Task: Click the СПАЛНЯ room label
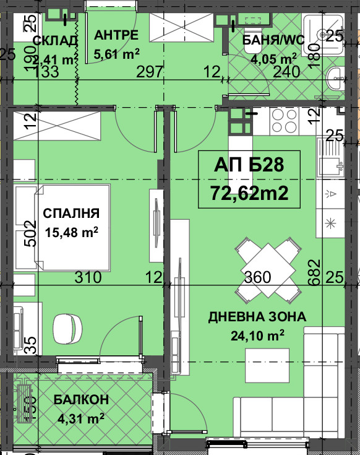71,214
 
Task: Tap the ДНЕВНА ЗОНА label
257,316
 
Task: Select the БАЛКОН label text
81,399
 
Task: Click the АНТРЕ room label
116,35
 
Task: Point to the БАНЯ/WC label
273,40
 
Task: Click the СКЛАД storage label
55,41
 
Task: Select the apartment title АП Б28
249,165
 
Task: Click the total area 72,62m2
249,193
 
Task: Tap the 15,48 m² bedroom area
72,232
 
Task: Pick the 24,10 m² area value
257,336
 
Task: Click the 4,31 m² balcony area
81,418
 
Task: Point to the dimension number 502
30,233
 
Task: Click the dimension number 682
314,272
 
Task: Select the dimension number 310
88,277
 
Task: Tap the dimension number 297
150,72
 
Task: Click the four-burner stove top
285,121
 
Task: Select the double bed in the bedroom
72,228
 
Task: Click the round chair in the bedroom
67,329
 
